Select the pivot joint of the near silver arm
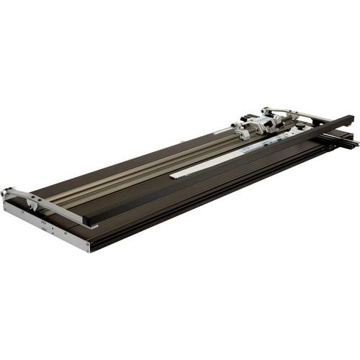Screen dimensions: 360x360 [x=9, y=192]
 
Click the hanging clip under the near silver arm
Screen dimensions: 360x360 [x=32, y=207]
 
